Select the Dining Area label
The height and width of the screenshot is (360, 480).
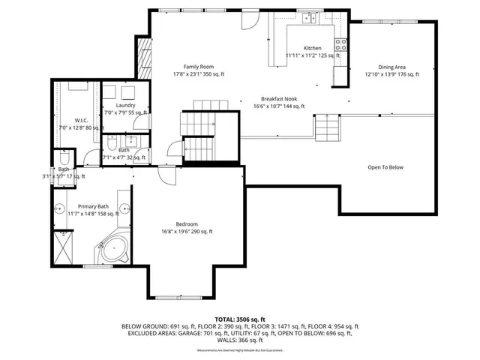(x=391, y=67)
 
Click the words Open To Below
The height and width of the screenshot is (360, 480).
(x=385, y=166)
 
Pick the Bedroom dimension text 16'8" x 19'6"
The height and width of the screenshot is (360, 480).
(x=187, y=232)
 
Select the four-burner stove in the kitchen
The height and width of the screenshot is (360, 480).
(x=340, y=43)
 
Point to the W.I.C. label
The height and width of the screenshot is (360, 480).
(x=82, y=120)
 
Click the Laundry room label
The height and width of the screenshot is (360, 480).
(x=125, y=106)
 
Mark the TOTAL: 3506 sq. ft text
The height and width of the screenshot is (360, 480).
(x=240, y=318)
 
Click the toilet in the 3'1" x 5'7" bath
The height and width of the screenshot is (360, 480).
(x=64, y=160)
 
